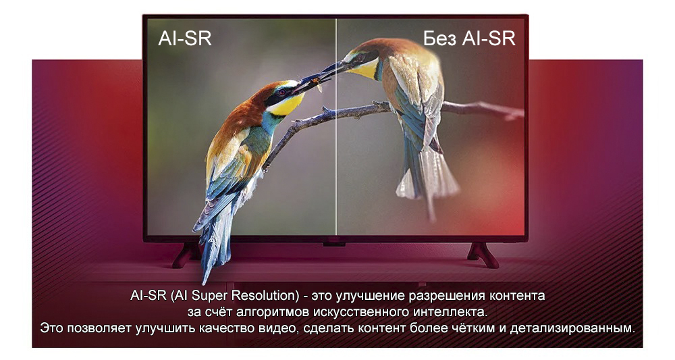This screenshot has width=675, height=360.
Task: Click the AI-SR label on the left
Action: pyautogui.click(x=185, y=38)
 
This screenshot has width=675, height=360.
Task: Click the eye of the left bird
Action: pyautogui.click(x=282, y=92)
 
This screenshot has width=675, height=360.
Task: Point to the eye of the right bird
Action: pyautogui.click(x=358, y=57)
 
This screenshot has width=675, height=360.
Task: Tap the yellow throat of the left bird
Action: pyautogui.click(x=286, y=105)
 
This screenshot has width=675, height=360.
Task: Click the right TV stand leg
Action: pyautogui.click(x=483, y=255)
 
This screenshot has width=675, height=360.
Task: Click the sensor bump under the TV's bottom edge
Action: pyautogui.click(x=335, y=245)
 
